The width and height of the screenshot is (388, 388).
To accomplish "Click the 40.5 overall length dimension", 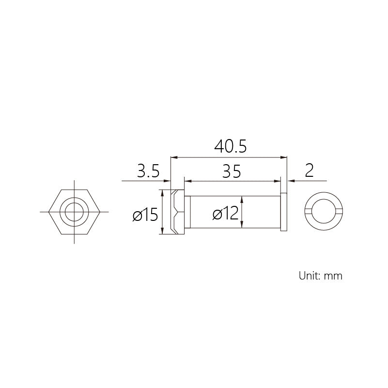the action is tap(231, 146).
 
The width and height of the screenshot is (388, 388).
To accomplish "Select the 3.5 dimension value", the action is tap(148, 171).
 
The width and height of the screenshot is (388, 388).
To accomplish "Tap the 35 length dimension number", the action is tap(232, 171).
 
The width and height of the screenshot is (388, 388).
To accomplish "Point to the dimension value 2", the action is tap(310, 170).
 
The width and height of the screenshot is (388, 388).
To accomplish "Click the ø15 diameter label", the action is tap(145, 214).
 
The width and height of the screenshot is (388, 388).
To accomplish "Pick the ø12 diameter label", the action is tap(225, 213).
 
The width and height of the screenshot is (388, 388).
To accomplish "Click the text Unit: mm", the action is tap(321, 276).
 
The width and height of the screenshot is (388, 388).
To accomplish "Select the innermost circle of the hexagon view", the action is tap(74, 203).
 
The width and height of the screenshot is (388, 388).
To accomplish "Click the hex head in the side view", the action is tap(177, 212).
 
